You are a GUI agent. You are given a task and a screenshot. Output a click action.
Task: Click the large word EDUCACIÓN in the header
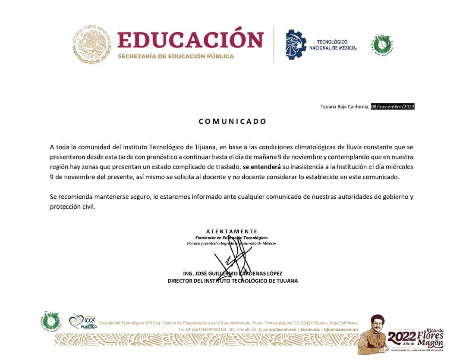click(x=190, y=40)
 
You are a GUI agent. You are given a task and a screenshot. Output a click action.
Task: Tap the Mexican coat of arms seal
click(x=91, y=44)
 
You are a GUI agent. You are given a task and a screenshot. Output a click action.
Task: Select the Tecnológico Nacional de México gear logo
click(x=296, y=44)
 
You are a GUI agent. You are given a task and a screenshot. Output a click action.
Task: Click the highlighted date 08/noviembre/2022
click(x=393, y=107)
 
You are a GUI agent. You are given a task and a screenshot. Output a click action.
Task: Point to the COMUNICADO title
click(x=233, y=122)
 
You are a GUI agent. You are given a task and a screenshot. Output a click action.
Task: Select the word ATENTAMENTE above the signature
click(x=232, y=232)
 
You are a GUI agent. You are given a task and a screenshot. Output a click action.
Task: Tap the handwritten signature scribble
click(x=233, y=259)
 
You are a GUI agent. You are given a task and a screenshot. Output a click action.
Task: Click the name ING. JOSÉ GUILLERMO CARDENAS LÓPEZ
click(x=233, y=273)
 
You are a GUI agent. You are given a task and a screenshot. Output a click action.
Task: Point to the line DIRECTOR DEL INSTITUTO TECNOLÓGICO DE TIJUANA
click(x=233, y=281)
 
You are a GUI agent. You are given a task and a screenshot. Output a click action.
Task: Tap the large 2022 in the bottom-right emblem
click(x=402, y=337)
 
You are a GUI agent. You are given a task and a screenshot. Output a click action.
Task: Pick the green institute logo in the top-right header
click(x=382, y=44)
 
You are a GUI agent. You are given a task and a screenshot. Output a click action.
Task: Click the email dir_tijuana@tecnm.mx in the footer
click(x=274, y=329)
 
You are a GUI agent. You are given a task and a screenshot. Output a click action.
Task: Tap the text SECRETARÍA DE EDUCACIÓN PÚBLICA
click(x=176, y=56)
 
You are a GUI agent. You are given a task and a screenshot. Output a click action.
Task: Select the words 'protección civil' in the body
click(x=72, y=207)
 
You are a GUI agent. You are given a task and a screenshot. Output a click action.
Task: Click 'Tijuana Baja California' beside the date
click(x=344, y=107)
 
